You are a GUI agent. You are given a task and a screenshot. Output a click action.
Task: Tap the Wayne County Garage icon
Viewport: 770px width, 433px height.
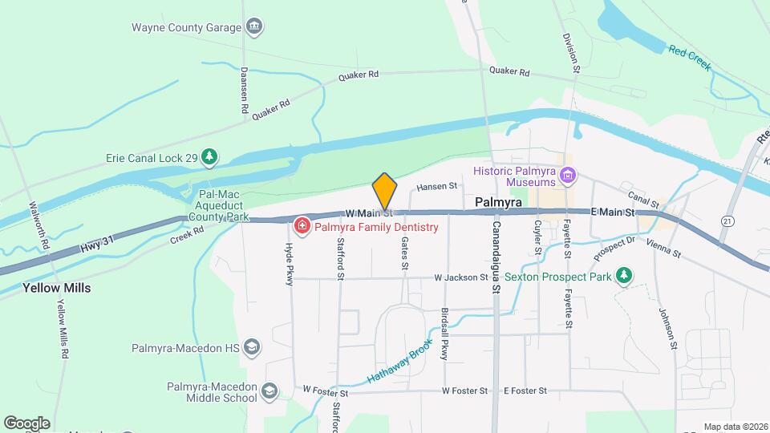pos(255,27)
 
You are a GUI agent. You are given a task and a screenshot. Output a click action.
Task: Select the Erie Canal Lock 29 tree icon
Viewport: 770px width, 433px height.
pos(209,157)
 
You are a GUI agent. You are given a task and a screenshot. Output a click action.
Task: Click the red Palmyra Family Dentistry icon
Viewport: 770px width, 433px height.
pos(302,227)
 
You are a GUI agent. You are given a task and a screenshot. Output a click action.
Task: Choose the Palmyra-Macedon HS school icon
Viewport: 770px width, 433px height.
pos(253,347)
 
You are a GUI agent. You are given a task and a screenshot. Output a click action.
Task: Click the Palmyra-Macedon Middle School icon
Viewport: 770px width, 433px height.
pos(269,391)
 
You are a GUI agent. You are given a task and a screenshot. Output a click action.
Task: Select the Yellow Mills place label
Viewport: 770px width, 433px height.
pos(56,288)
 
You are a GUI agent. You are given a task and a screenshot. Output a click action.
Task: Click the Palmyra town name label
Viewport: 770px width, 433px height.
pos(499,203)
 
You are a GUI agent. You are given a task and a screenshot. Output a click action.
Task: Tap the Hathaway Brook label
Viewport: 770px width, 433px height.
pos(400,360)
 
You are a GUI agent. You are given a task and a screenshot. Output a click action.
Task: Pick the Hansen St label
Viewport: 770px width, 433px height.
pos(436,186)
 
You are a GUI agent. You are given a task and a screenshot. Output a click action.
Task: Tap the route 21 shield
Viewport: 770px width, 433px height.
pos(727,221)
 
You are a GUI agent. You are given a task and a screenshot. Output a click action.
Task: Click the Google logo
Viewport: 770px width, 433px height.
pos(26,423)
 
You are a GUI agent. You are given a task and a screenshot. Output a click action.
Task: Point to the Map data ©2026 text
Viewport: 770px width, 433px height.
pos(734,427)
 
